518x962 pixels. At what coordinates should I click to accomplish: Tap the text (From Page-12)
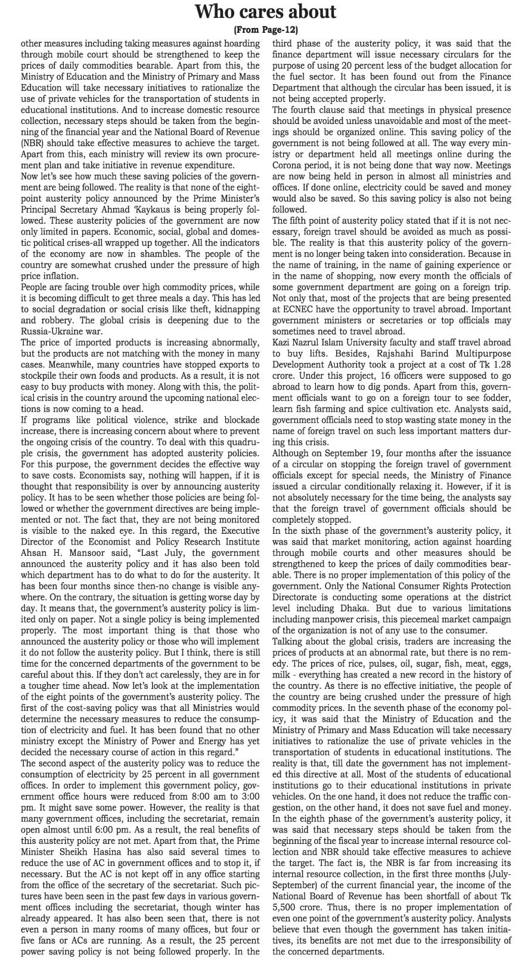[x=259, y=29]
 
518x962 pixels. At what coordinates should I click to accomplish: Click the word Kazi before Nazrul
[x=283, y=342]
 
